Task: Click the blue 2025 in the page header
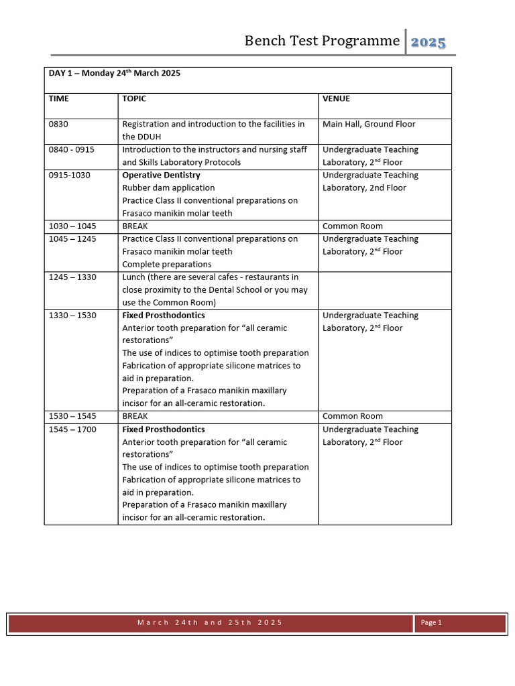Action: (x=428, y=42)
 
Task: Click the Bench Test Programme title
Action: (x=322, y=41)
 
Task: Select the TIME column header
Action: (x=59, y=98)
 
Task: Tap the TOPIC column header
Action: (x=134, y=98)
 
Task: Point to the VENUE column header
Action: (x=336, y=98)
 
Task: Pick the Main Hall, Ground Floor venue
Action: (x=369, y=124)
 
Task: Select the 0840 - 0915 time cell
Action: (x=72, y=149)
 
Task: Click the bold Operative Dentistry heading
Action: (x=161, y=175)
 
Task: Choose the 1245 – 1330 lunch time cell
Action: (x=73, y=277)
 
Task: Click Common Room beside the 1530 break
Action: (x=353, y=416)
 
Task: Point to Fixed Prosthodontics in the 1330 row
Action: (x=164, y=315)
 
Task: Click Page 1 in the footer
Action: (x=431, y=622)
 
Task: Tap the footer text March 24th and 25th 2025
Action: (x=210, y=622)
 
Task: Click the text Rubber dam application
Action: (x=168, y=188)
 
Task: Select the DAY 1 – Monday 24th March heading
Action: (x=115, y=73)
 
